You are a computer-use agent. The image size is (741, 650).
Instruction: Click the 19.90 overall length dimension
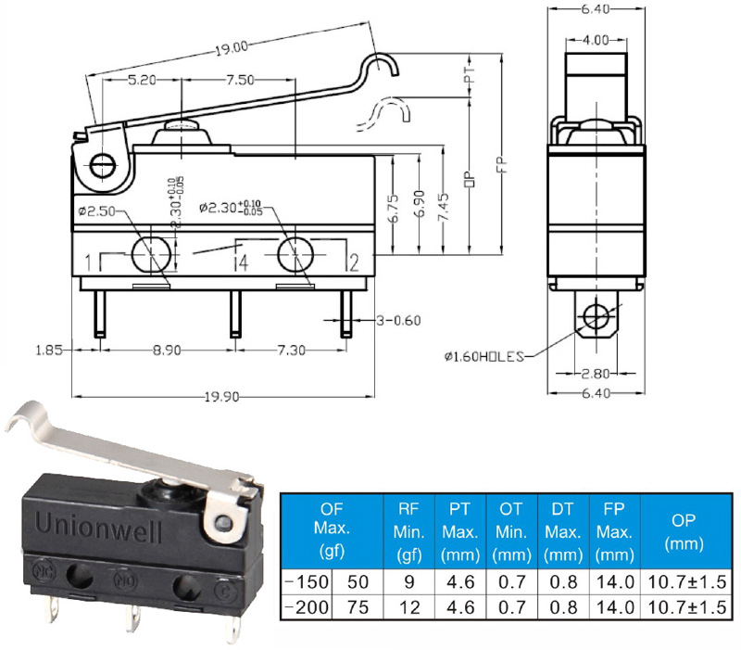click(221, 397)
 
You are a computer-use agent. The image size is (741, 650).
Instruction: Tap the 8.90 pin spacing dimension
click(167, 350)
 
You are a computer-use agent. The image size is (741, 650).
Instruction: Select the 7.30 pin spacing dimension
click(291, 350)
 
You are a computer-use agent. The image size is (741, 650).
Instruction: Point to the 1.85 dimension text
click(49, 350)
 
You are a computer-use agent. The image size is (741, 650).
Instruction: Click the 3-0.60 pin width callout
click(398, 321)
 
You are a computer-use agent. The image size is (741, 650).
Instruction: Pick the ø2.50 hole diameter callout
click(97, 210)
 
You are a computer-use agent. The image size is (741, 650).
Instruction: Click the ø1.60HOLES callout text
click(484, 356)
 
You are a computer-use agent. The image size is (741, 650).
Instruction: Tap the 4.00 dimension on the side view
click(595, 40)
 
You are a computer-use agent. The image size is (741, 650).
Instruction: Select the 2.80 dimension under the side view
click(595, 374)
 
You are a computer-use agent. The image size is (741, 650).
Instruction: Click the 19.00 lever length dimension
click(231, 48)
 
